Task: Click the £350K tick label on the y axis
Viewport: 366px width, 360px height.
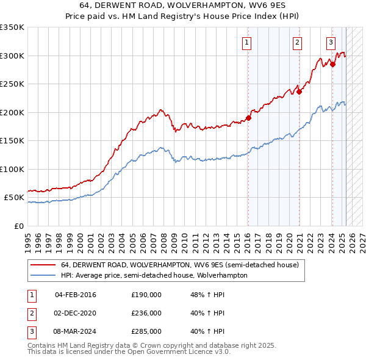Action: pos(12,27)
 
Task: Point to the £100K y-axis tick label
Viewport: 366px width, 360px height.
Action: pos(12,169)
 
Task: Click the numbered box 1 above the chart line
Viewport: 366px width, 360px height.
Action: pos(246,43)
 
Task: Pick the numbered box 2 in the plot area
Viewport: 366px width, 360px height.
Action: pos(297,43)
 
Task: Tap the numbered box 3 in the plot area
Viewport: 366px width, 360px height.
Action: pos(331,43)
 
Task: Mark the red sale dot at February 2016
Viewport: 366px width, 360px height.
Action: pos(248,118)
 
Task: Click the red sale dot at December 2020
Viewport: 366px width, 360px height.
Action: pos(300,92)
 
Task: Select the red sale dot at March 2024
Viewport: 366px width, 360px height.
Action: pos(332,64)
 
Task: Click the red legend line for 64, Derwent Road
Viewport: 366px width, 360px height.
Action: pos(43,265)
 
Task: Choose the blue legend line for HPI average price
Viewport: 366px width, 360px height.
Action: pos(43,275)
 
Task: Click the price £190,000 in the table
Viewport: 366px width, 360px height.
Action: pos(146,295)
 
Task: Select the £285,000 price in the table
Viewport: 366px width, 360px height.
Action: pos(146,331)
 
